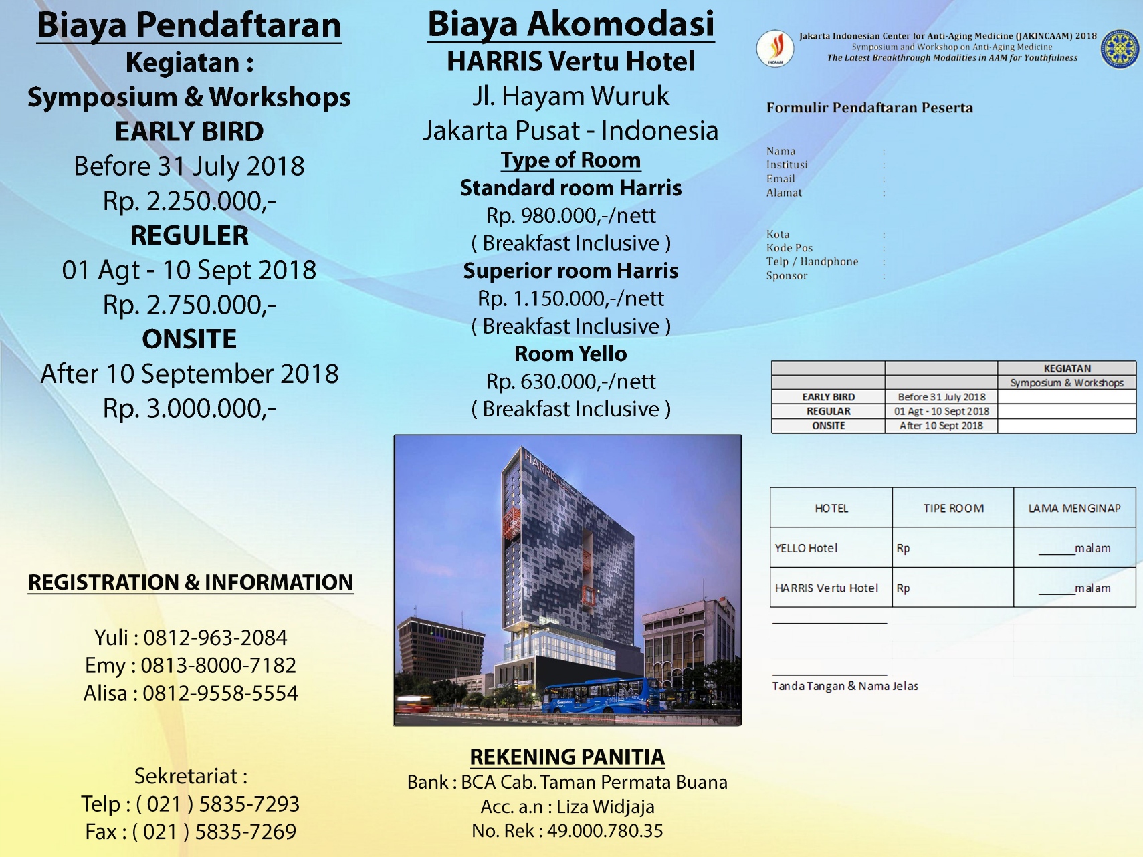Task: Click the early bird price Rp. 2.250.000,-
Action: (189, 201)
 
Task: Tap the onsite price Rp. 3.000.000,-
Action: (189, 408)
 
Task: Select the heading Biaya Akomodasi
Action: (570, 25)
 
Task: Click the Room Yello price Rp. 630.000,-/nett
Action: (570, 382)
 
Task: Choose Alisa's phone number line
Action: (191, 693)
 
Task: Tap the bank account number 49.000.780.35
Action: (605, 831)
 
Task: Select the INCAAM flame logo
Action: (775, 48)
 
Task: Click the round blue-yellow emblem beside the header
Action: (1120, 48)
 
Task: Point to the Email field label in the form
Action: (781, 179)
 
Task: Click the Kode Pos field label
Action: (789, 248)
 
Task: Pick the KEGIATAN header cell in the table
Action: (1067, 368)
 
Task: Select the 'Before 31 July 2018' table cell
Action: (941, 397)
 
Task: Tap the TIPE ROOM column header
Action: (953, 509)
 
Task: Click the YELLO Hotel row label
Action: (806, 548)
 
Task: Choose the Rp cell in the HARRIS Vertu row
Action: (904, 588)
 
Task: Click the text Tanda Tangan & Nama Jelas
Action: (845, 686)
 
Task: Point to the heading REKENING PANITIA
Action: (567, 757)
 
